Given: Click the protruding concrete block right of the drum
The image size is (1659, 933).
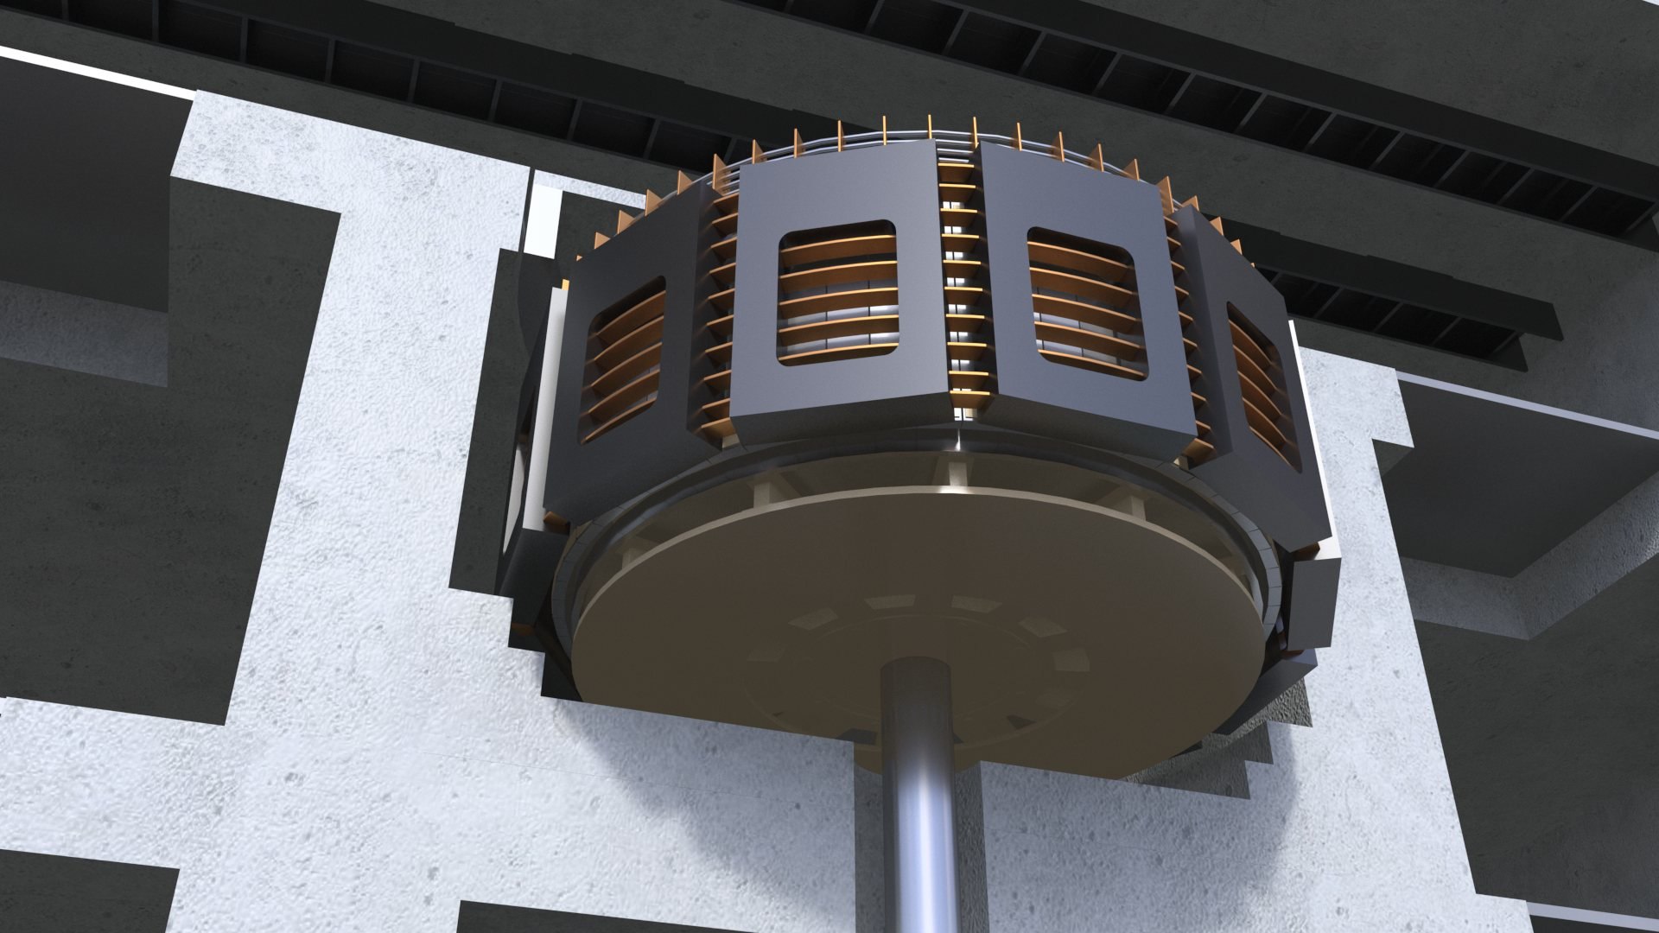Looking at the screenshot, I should tap(1469, 484).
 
